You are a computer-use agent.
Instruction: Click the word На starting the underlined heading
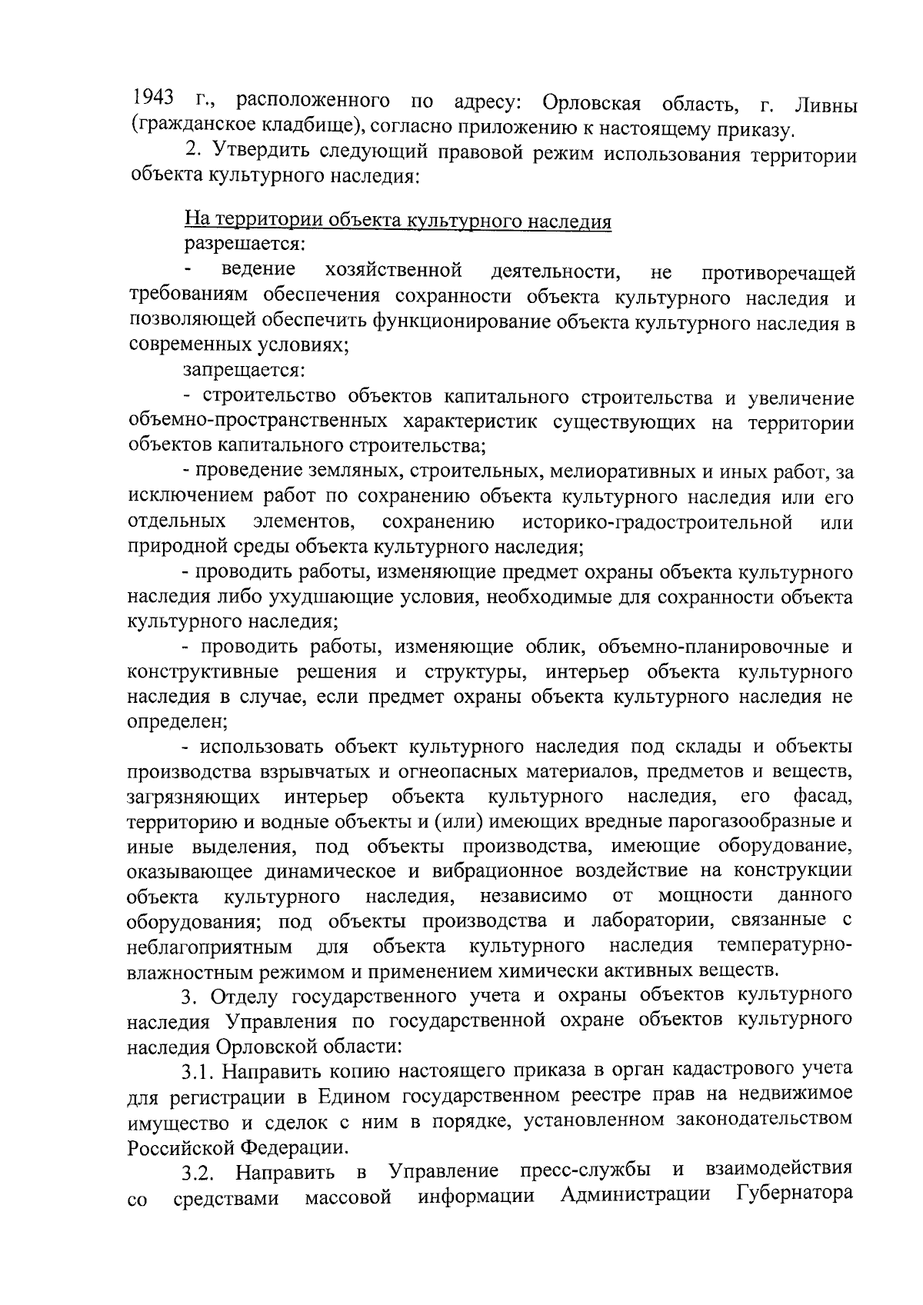tap(196, 221)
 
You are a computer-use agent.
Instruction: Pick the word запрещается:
tap(245, 371)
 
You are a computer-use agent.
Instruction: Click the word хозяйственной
tap(393, 271)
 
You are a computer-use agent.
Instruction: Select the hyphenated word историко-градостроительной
tap(658, 524)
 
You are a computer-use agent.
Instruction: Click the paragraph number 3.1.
tap(201, 1070)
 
